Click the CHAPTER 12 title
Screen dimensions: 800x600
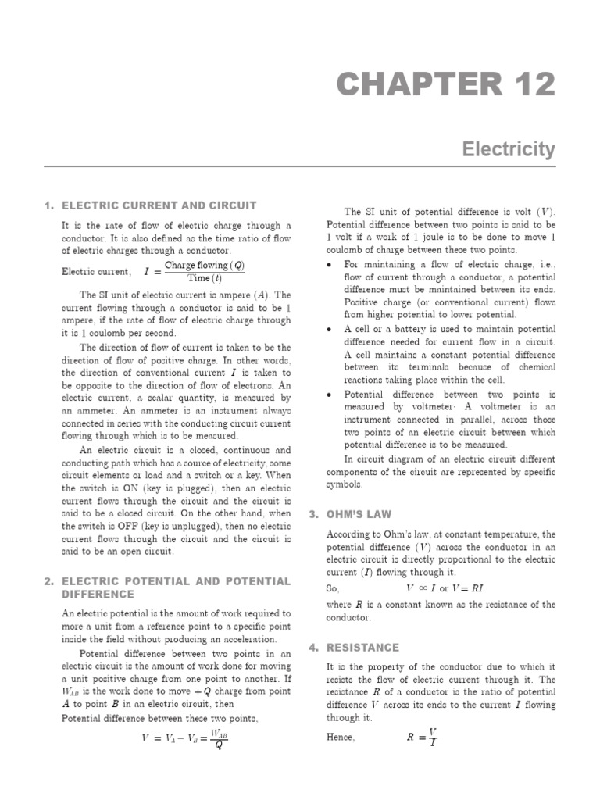tap(446, 84)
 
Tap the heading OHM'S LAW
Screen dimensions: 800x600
tap(372, 514)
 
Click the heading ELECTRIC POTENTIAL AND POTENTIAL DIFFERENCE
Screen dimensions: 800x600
tap(176, 587)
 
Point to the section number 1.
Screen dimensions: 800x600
tap(49, 205)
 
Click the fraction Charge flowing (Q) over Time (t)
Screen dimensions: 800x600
tap(205, 272)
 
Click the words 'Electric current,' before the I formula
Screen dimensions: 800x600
tap(96, 272)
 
